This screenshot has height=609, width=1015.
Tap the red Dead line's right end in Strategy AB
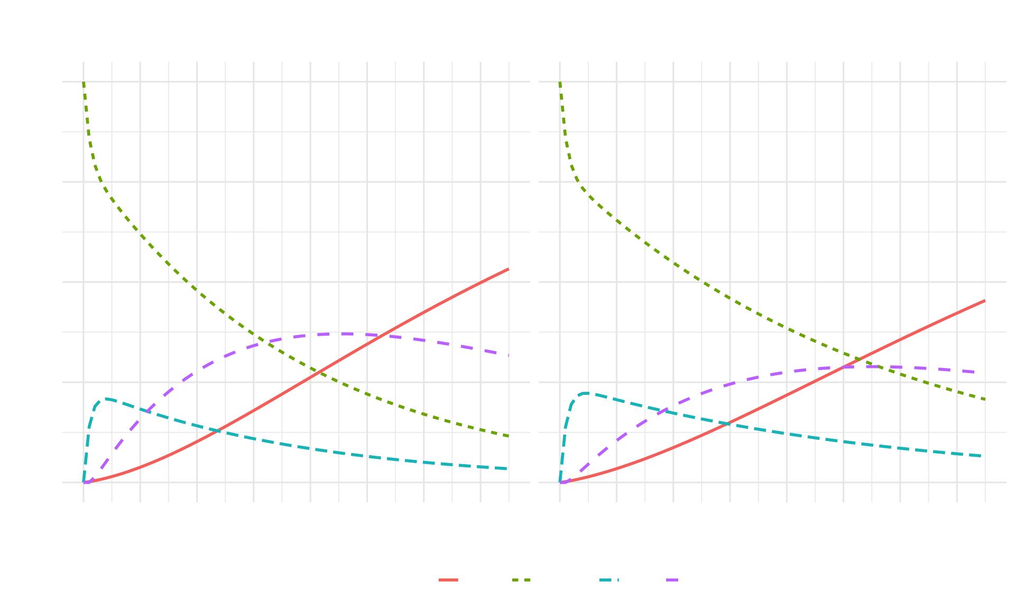(x=984, y=301)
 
